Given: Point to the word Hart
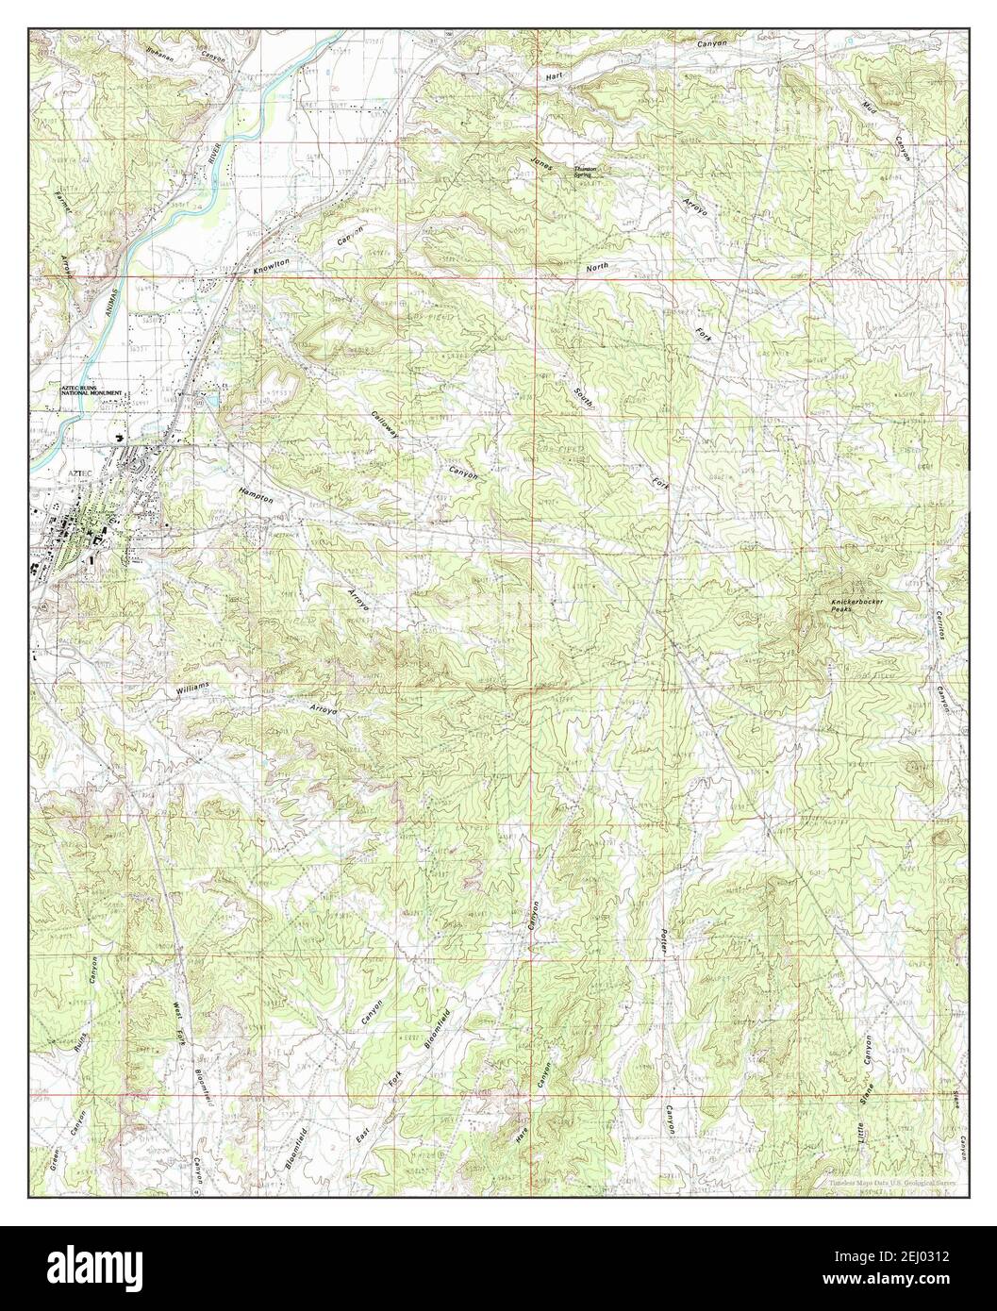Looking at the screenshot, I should point(553,73).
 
